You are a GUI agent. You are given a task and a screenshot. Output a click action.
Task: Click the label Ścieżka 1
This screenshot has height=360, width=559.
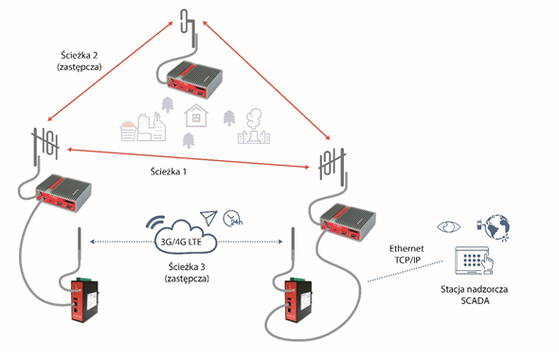[169, 171]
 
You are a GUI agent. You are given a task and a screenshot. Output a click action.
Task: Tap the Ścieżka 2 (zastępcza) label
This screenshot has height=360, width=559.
[80, 61]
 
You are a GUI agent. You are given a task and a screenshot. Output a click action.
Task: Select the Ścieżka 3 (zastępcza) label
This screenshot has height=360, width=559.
[187, 272]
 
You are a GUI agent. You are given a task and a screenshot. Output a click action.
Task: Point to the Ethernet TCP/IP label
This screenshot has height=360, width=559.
[406, 254]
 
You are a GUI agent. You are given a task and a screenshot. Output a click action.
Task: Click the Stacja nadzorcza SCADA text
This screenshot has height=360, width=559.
[475, 295]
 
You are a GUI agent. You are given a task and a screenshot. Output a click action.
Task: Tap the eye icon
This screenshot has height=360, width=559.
[449, 226]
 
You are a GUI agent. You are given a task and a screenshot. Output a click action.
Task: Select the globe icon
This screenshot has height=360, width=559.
[496, 227]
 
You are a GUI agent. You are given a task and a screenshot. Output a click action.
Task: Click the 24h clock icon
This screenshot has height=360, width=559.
[232, 219]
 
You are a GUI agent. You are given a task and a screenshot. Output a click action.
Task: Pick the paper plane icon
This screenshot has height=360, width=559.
[208, 218]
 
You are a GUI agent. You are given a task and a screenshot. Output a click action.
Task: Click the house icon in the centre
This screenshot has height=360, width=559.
[196, 116]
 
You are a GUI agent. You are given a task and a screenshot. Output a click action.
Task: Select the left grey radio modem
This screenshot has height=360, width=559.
[63, 192]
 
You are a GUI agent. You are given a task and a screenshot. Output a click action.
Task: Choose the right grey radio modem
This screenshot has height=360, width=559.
[348, 222]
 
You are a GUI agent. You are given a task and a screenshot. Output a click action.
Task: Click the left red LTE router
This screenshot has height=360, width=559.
[84, 301]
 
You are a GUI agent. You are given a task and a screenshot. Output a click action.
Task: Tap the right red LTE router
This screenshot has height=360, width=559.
[298, 301]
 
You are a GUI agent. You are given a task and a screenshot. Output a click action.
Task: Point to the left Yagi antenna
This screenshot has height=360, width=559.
[45, 145]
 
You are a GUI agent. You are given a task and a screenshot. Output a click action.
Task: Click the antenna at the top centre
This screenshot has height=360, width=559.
[189, 28]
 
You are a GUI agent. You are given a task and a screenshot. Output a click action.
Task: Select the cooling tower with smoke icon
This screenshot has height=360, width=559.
[254, 127]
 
